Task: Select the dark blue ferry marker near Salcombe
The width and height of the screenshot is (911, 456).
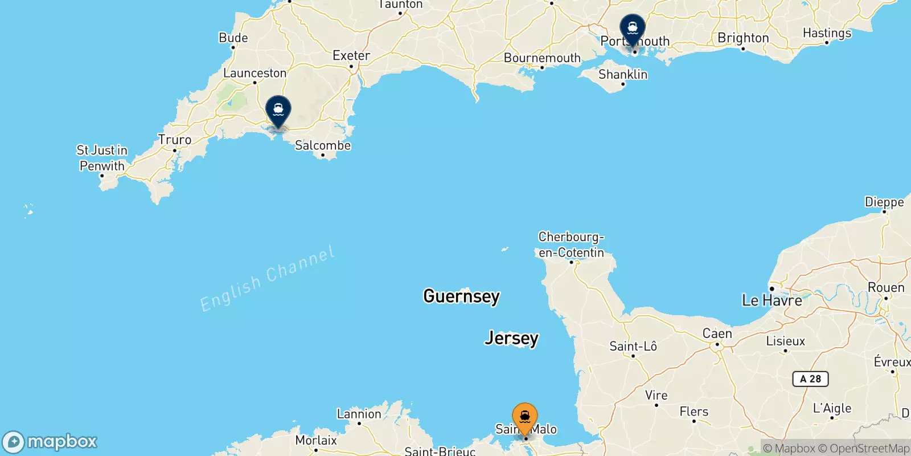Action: pos(278,109)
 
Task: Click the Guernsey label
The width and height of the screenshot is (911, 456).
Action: pos(461,296)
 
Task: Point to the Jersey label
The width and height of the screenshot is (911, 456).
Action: pos(511,338)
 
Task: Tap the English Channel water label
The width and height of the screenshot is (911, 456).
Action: pos(267,279)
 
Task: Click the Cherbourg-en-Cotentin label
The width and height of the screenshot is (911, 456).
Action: pos(571,245)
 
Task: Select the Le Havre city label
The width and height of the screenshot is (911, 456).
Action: pos(772,300)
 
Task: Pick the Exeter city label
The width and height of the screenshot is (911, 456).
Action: pos(351,55)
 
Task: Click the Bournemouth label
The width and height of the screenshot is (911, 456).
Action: pos(542,58)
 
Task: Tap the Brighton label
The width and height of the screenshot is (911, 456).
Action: pos(743,38)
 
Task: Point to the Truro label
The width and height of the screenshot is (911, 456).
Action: pos(175,140)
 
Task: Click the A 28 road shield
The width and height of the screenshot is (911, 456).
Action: pos(810,379)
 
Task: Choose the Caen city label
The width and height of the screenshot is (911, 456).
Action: pos(717,333)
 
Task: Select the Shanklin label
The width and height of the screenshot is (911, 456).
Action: pos(623,75)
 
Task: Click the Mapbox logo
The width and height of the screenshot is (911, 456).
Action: pos(50,442)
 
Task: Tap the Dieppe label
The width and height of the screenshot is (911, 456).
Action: pos(884,202)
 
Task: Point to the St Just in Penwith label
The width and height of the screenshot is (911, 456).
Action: pos(102,158)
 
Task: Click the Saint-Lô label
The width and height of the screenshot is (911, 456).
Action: pos(633,346)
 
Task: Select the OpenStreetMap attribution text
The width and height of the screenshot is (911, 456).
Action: pos(864,449)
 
